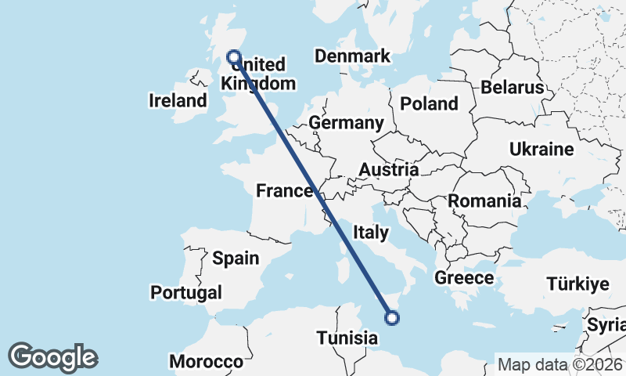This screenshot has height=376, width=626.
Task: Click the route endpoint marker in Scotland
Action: [233, 56]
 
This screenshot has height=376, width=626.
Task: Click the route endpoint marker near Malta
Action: [392, 317]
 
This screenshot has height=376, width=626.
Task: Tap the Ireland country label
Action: [178, 101]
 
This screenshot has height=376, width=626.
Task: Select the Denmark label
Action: [352, 56]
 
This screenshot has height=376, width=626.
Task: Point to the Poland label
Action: [429, 103]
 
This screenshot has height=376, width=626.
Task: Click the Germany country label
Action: [346, 123]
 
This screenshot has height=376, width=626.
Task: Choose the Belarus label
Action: [512, 87]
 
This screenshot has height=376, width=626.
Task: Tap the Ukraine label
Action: [541, 149]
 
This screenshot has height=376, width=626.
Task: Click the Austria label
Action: [388, 170]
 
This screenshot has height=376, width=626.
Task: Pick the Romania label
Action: [484, 201]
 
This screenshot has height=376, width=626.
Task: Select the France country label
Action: [286, 190]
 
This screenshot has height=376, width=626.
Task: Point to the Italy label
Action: [370, 232]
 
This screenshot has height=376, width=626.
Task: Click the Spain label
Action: [236, 258]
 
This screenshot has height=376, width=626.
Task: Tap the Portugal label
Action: [187, 292]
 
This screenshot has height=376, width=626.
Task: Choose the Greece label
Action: [464, 277]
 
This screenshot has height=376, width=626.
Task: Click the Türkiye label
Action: [577, 284]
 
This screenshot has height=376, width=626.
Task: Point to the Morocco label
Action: [207, 362]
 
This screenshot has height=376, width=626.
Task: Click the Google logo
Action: [52, 357]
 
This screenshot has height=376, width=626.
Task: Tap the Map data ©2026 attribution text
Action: [560, 364]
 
